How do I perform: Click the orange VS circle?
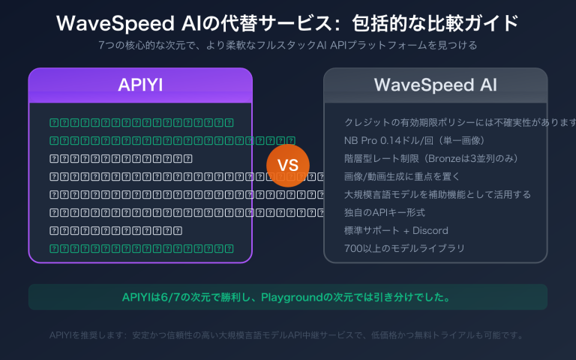pos(288,165)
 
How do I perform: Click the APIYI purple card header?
pos(140,85)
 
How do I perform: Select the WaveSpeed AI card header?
pos(435,85)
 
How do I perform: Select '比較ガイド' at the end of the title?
pos(480,22)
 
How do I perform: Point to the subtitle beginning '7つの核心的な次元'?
pos(288,46)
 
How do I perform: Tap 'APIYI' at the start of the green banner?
pos(136,298)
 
